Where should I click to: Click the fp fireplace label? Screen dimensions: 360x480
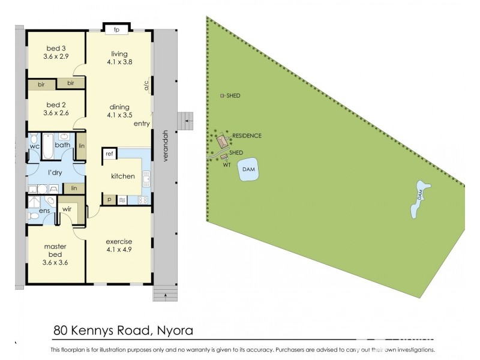[116, 29]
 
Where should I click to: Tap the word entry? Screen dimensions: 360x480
[142, 124]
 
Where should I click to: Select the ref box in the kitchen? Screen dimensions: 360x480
[109, 155]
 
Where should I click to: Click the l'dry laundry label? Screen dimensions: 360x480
[56, 173]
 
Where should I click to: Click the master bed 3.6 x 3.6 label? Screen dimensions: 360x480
[56, 255]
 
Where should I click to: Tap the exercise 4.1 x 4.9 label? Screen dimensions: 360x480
[119, 246]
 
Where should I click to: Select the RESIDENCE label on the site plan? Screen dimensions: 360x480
[247, 136]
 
